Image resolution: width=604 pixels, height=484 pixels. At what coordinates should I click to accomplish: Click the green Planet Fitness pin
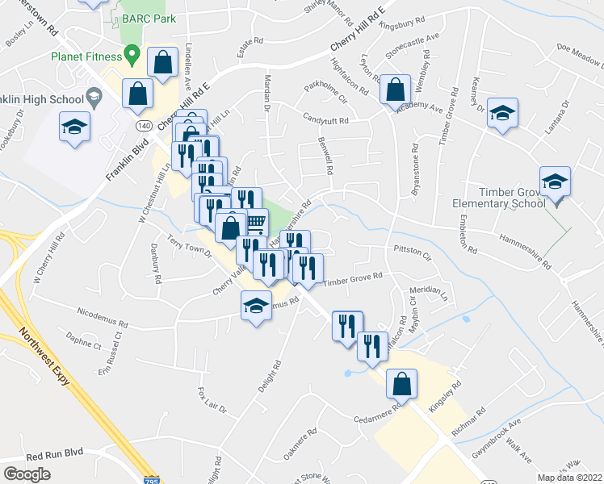click(132, 56)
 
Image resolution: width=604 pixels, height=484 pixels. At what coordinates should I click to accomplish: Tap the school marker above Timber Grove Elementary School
click(555, 181)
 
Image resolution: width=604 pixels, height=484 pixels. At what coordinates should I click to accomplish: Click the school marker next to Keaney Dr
click(502, 113)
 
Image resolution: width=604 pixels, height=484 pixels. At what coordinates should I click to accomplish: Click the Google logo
click(27, 474)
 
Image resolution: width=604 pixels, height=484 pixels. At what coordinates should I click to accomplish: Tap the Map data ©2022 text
click(570, 478)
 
